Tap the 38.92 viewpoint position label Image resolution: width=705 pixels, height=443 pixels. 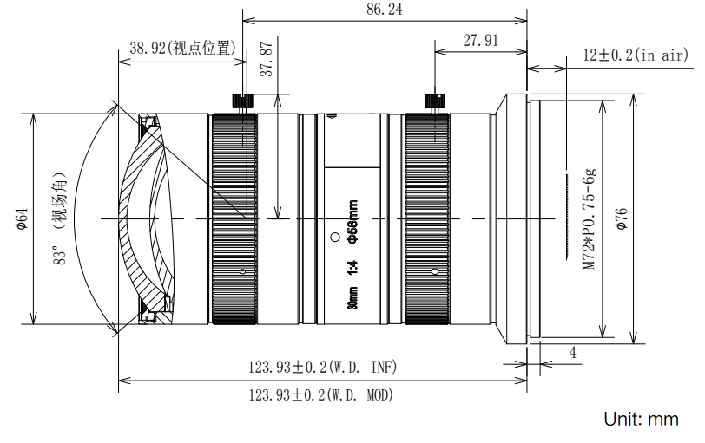pos(183,49)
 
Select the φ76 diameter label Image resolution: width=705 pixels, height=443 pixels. pos(620,218)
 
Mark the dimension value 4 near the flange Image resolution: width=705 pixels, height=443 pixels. pos(573,353)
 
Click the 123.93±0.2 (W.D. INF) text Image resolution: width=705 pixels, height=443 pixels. pos(321,368)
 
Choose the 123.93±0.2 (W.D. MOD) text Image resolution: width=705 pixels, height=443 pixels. pos(321,395)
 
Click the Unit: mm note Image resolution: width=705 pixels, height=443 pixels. pos(641,420)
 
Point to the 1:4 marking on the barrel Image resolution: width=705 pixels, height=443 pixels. pos(352,270)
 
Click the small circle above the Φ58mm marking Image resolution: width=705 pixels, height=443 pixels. pos(335,237)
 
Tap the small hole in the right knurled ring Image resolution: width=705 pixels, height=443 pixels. pos(433,271)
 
